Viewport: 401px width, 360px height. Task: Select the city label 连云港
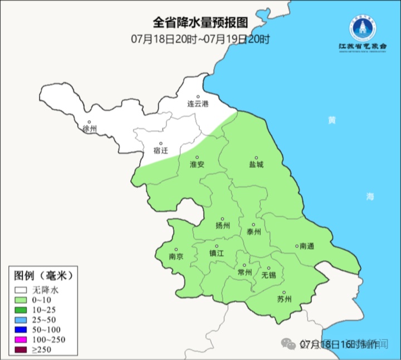click(197, 104)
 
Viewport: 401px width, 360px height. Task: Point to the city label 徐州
click(89, 129)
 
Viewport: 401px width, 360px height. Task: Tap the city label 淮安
click(197, 164)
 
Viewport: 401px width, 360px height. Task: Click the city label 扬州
click(222, 226)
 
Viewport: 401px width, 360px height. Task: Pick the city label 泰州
click(253, 232)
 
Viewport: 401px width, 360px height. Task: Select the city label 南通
click(306, 246)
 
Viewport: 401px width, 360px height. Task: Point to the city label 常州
click(244, 272)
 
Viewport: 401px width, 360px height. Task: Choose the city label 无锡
click(268, 275)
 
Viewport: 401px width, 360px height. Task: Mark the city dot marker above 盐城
click(257, 158)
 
